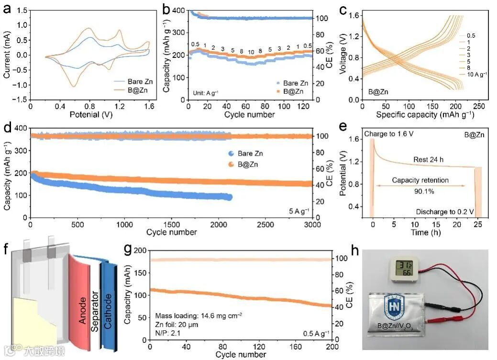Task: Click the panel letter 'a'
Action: coord(7,8)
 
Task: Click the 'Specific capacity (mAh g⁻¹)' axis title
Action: coord(414,115)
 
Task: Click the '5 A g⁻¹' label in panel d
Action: coord(298,211)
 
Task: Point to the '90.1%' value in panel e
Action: coord(421,190)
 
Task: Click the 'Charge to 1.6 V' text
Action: coord(390,134)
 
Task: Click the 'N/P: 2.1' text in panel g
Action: coord(169,333)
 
